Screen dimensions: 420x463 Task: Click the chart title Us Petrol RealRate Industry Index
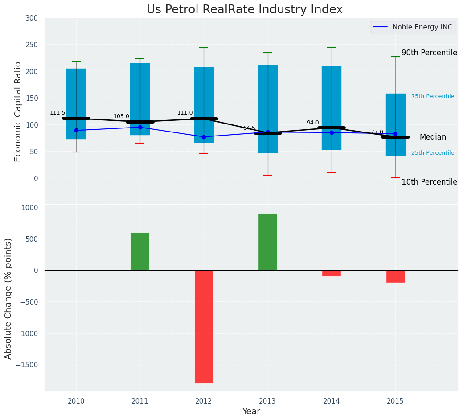click(245, 10)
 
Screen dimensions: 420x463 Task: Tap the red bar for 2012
click(204, 326)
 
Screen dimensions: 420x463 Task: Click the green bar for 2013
click(267, 242)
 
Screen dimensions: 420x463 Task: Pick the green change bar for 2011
click(140, 251)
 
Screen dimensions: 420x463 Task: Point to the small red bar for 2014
click(332, 273)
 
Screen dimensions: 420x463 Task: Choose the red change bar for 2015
click(395, 276)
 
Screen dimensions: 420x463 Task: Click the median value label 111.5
click(57, 113)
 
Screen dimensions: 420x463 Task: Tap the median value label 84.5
click(249, 128)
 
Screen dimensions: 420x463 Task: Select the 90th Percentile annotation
click(429, 53)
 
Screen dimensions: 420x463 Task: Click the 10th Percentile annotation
click(429, 182)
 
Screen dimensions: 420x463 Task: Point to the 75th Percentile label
click(432, 96)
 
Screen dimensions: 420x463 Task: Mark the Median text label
click(432, 137)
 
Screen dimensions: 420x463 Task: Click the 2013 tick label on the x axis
click(267, 401)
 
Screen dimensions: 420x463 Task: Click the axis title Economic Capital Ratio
click(18, 111)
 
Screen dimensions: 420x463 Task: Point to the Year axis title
click(251, 412)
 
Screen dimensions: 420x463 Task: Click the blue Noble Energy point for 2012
click(204, 137)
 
